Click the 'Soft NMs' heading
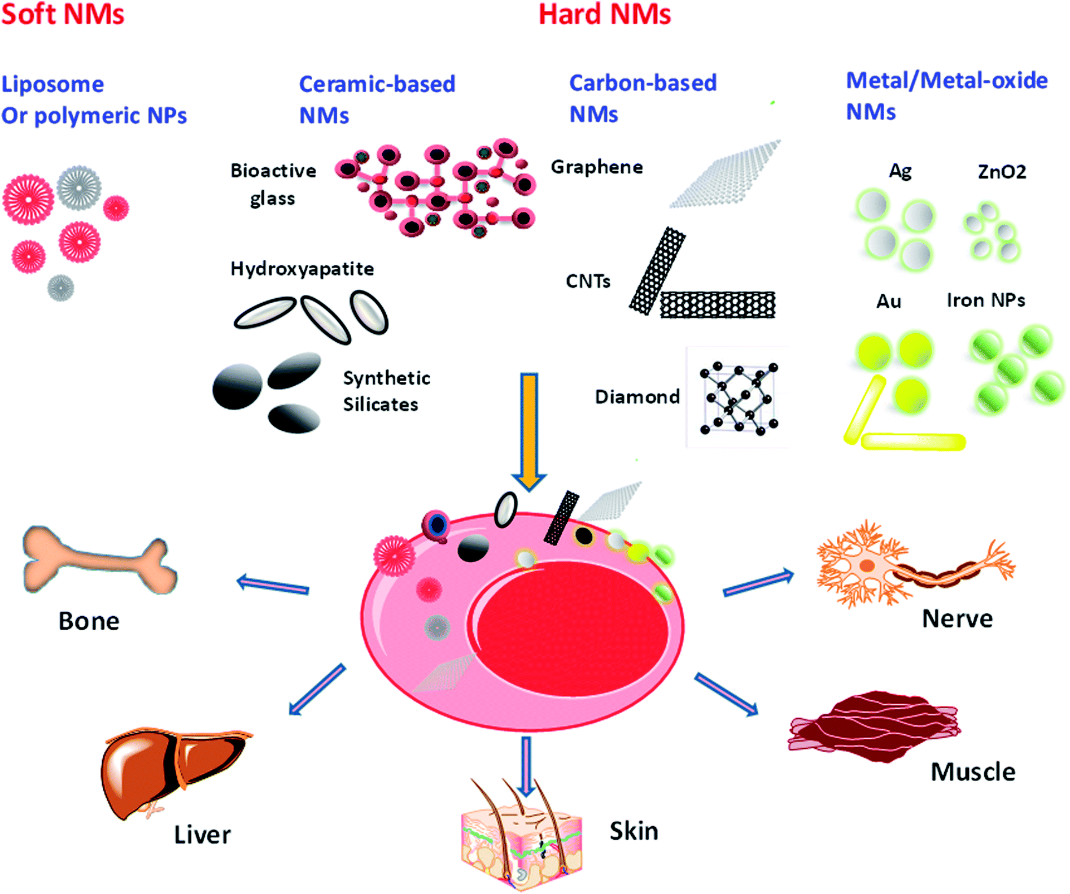pyautogui.click(x=63, y=14)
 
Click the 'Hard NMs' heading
pyautogui.click(x=605, y=14)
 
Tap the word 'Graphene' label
pyautogui.click(x=597, y=167)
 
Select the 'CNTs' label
pyautogui.click(x=588, y=281)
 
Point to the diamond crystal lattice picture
pyautogui.click(x=738, y=398)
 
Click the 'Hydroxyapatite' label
pyautogui.click(x=302, y=269)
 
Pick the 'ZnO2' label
pyautogui.click(x=1002, y=172)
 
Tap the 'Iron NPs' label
pyautogui.click(x=986, y=300)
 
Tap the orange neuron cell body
pyautogui.click(x=866, y=566)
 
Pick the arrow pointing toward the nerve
pyautogui.click(x=758, y=583)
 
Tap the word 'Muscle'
pyautogui.click(x=972, y=772)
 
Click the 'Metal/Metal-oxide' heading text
pyautogui.click(x=946, y=81)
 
